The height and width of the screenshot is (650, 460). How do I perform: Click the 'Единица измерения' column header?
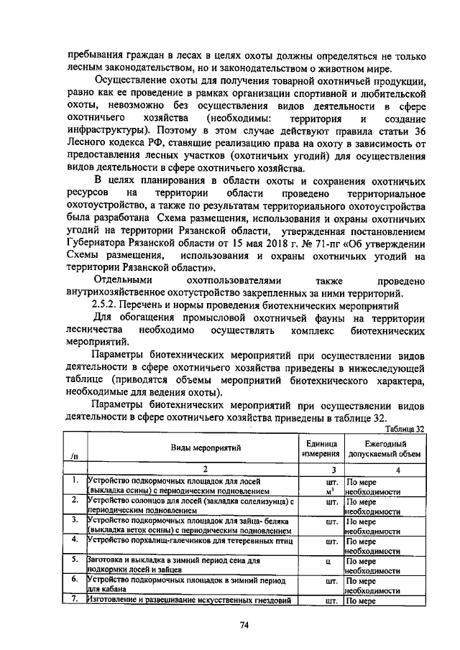pyautogui.click(x=321, y=448)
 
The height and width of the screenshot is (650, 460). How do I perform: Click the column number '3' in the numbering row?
pyautogui.click(x=321, y=468)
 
